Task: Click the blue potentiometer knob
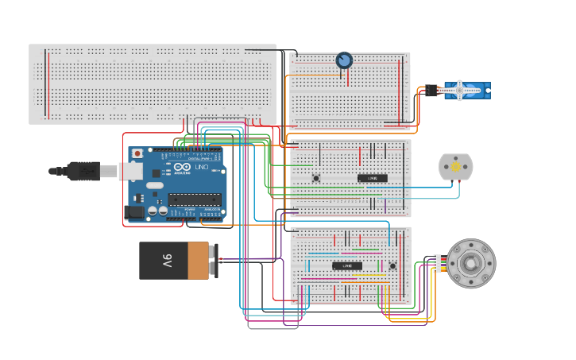(344, 60)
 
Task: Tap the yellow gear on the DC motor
(455, 167)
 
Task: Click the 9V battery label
(167, 261)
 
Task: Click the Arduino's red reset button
(137, 153)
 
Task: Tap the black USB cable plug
(83, 171)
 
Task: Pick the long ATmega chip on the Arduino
(194, 199)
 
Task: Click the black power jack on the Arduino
(135, 212)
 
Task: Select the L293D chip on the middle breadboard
(372, 178)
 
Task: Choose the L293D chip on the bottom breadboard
(347, 266)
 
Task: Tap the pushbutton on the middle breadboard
(315, 178)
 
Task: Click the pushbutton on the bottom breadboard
(392, 266)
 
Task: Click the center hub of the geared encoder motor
(470, 264)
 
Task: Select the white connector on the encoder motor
(438, 264)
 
